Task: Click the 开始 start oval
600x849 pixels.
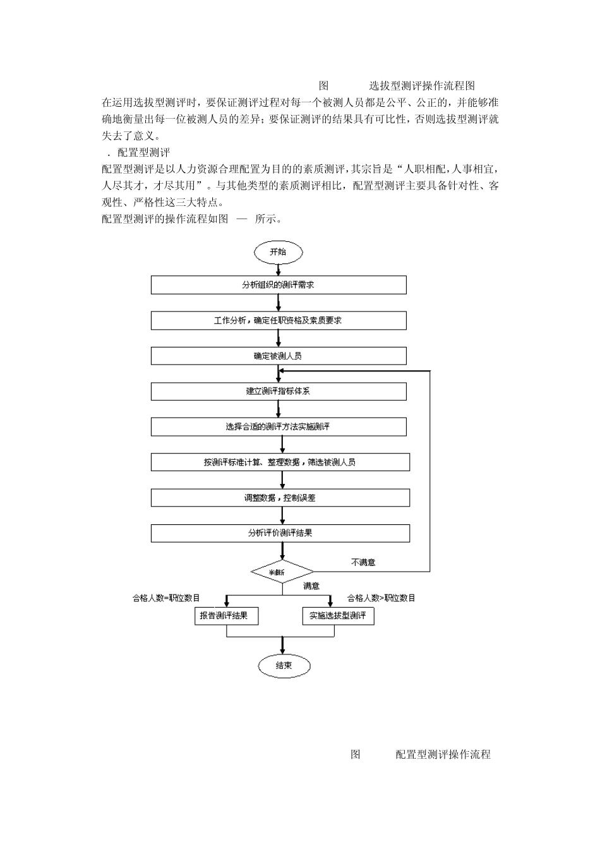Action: click(x=278, y=252)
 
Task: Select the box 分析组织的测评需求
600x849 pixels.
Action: click(x=278, y=285)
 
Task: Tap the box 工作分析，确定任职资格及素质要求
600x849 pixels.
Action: click(x=278, y=320)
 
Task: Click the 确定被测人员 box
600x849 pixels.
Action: click(x=278, y=356)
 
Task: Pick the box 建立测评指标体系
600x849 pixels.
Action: click(x=278, y=391)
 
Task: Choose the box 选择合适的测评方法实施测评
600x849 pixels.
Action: click(x=278, y=426)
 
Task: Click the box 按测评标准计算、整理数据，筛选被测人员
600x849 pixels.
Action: click(x=280, y=462)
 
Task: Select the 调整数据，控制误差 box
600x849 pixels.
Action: click(x=280, y=498)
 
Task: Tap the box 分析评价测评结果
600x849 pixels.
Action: click(x=280, y=533)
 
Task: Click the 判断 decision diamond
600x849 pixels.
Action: click(x=282, y=572)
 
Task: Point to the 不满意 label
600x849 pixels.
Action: click(x=363, y=562)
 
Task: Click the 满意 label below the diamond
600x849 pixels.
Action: click(x=311, y=586)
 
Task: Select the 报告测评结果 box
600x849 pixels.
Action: click(x=226, y=615)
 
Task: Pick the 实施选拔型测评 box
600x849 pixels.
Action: click(x=338, y=615)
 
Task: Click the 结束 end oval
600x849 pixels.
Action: click(x=284, y=665)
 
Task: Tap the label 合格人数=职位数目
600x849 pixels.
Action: click(x=166, y=598)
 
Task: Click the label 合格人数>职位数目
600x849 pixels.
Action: click(x=381, y=598)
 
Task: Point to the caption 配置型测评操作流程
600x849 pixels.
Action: click(x=443, y=754)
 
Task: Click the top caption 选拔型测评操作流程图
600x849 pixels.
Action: click(x=422, y=86)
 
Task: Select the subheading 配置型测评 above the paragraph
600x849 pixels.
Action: click(x=144, y=152)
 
